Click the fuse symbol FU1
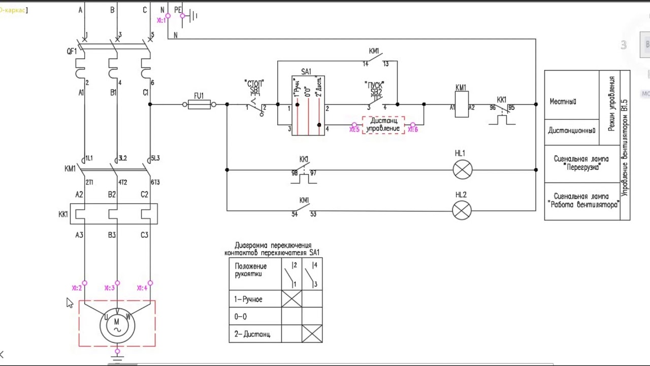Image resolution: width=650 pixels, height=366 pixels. tap(199, 105)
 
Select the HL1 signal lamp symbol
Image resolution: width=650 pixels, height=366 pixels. tap(463, 170)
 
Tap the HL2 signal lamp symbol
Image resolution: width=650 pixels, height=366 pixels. tap(462, 210)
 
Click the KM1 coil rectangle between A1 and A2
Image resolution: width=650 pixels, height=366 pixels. tap(462, 107)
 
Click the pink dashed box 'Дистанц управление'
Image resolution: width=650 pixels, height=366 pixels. tap(383, 125)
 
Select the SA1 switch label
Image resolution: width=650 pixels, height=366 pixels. tap(306, 72)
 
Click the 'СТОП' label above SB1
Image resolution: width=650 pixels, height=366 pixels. tap(254, 83)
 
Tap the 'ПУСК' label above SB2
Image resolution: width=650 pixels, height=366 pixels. tap(375, 84)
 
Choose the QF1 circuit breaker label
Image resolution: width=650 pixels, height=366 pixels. tap(72, 51)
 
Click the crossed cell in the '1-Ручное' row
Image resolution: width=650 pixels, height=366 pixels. tap(291, 299)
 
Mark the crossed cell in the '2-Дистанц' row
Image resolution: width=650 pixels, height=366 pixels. tap(312, 333)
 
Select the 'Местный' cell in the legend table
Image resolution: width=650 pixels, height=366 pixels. tap(563, 102)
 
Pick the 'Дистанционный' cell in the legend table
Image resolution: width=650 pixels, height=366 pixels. tap(571, 131)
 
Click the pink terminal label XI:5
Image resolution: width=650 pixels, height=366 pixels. tap(354, 130)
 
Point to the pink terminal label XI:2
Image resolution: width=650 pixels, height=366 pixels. tap(77, 288)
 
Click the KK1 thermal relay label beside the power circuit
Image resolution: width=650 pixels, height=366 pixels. tap(63, 214)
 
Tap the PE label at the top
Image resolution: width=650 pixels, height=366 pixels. tap(178, 10)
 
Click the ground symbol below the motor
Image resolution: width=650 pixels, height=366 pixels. tap(117, 357)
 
